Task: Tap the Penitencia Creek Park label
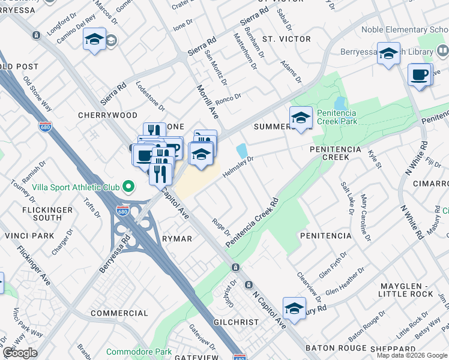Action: [337, 117]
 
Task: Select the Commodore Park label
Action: [139, 352]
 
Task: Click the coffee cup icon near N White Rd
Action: [419, 75]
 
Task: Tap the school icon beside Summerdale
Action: [301, 118]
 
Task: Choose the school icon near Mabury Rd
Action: [294, 308]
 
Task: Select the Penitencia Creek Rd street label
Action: [253, 223]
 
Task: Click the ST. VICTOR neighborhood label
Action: [286, 39]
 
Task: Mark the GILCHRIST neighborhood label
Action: [236, 322]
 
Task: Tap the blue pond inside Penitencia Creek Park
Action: [340, 103]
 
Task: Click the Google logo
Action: [21, 353]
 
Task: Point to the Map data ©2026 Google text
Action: [412, 355]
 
